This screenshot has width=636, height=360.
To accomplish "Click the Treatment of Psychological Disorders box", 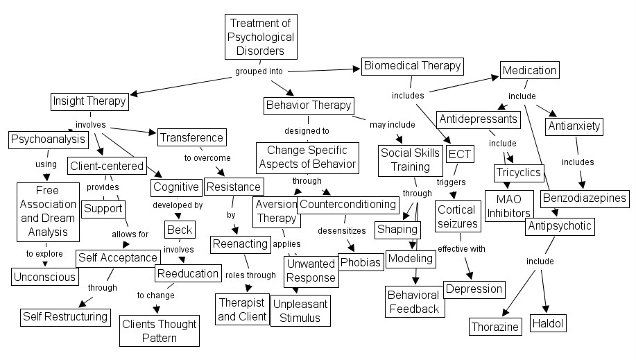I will [x=261, y=37].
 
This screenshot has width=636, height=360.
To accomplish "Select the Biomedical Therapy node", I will [x=412, y=66].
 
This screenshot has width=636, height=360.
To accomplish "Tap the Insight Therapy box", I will [x=89, y=101].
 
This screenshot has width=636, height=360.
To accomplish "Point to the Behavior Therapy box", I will [x=309, y=105].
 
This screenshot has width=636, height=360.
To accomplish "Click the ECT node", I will [x=460, y=153].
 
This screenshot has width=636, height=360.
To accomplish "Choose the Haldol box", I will [x=548, y=323].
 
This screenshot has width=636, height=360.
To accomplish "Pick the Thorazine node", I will [x=495, y=326].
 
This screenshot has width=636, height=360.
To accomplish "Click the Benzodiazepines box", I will [x=585, y=198].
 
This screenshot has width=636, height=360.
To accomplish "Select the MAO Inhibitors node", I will [x=508, y=206].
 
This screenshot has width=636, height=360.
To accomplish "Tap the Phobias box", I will [x=360, y=262].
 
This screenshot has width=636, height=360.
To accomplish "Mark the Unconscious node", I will [x=44, y=277].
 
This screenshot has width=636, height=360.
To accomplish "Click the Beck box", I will [x=179, y=229].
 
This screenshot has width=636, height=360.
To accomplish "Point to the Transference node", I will [x=191, y=137].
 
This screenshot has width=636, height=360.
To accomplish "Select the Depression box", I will [x=474, y=289].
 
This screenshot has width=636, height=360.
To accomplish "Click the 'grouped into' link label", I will [x=259, y=71].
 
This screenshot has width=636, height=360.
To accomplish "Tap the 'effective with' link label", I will [x=461, y=248].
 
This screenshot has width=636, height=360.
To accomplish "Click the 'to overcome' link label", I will [x=207, y=158].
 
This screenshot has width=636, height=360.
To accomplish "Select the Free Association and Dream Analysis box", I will [x=46, y=211].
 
